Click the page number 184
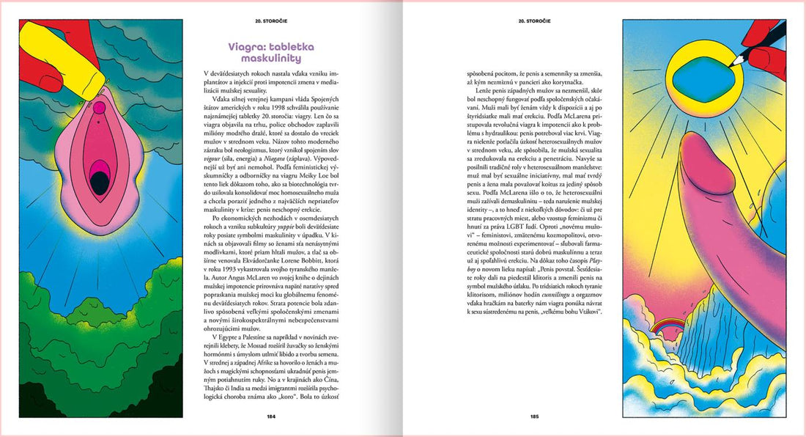(x=270, y=417)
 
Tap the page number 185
(x=534, y=417)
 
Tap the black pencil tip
(x=736, y=59)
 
